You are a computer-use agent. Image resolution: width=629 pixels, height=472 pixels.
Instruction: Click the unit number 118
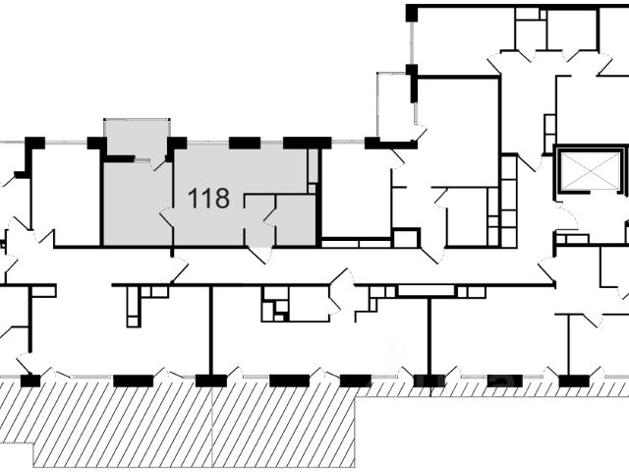click(x=208, y=200)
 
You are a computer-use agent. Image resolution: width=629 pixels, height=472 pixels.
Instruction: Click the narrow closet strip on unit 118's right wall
click(x=314, y=171)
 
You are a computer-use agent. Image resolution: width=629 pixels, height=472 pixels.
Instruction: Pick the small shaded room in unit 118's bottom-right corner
click(x=296, y=220)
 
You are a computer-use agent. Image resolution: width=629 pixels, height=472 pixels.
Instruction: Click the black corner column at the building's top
click(x=411, y=12)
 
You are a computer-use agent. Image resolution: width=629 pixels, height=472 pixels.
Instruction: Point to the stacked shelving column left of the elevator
click(x=508, y=202)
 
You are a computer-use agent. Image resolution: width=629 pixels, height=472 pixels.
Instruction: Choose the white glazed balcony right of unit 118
click(x=395, y=106)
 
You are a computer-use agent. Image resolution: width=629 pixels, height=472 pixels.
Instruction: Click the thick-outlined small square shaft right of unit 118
click(x=405, y=238)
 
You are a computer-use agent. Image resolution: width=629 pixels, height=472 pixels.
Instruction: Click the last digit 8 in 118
click(x=221, y=200)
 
